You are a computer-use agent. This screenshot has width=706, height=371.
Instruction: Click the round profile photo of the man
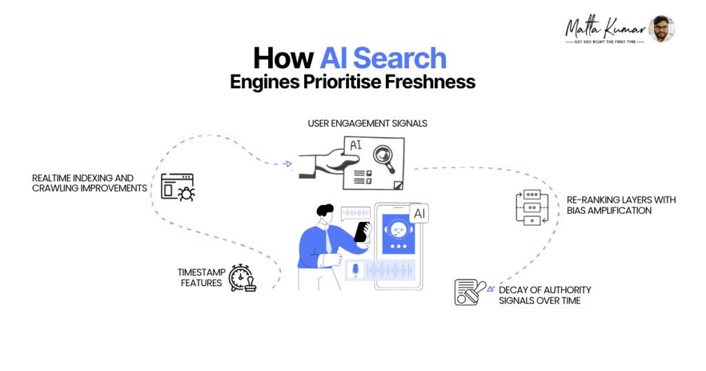[x=661, y=28]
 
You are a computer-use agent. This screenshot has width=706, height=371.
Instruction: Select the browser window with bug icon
[x=177, y=187]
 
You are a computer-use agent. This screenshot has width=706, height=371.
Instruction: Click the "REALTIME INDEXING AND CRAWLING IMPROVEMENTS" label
[x=90, y=183]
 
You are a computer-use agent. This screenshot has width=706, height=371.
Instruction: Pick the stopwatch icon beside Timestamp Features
[x=242, y=277]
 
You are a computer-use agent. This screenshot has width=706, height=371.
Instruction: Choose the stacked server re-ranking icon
[x=531, y=206]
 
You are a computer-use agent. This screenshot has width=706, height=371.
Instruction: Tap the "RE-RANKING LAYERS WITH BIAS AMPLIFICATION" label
[x=621, y=205]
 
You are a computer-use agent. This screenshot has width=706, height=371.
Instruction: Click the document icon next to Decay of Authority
[x=471, y=292]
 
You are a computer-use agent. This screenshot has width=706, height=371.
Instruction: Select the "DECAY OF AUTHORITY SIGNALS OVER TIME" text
[x=545, y=295]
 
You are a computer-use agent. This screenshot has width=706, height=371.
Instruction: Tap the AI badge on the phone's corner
[x=419, y=214]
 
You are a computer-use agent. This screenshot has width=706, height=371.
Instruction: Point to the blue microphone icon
[x=356, y=270]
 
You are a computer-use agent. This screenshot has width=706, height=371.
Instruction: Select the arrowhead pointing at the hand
[x=288, y=164]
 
